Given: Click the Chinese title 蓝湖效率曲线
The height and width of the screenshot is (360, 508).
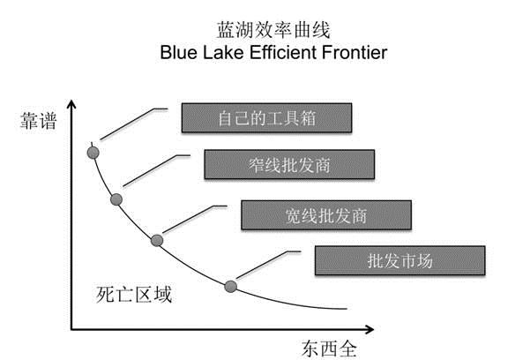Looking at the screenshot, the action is (x=273, y=30).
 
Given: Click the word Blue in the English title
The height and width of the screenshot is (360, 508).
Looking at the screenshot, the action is (x=178, y=52).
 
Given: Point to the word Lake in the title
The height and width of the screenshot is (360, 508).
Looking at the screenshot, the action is (x=223, y=52).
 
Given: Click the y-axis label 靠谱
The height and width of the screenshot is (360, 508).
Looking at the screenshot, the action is (x=39, y=121).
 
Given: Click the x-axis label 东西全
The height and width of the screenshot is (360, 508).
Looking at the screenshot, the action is (x=329, y=349).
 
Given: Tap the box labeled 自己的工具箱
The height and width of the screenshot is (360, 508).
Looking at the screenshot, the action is (x=266, y=118).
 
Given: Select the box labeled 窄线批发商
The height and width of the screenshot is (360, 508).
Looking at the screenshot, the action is (x=289, y=164).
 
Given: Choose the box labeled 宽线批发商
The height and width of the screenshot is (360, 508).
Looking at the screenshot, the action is (x=326, y=214).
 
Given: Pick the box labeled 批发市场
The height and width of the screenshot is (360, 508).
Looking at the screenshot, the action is (x=400, y=260).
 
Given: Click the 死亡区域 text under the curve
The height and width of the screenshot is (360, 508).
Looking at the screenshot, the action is (x=133, y=295).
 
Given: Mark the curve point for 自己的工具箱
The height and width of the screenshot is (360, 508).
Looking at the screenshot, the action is (x=93, y=153).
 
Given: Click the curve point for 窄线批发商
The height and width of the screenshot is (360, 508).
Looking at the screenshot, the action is (x=116, y=199).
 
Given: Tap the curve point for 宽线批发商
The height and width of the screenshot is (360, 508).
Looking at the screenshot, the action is (x=157, y=240).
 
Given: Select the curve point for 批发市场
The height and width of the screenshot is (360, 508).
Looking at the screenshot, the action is (x=231, y=287).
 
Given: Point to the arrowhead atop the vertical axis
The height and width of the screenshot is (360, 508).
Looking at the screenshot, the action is (x=71, y=104).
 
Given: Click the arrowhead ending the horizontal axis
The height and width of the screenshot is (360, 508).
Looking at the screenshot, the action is (x=370, y=329).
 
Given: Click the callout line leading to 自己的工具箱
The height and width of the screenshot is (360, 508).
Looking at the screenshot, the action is (x=130, y=124).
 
